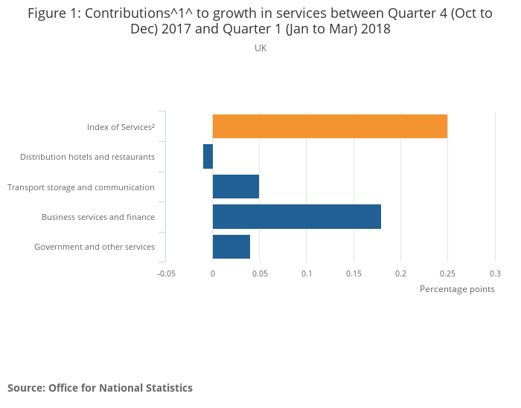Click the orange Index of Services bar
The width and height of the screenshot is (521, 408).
[330, 126]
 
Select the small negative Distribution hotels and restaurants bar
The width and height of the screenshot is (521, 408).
[208, 157]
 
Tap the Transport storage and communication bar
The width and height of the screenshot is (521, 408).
[236, 187]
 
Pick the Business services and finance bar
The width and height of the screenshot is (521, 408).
[297, 216]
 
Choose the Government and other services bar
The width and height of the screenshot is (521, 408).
[231, 246]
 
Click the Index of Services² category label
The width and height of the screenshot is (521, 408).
[121, 127]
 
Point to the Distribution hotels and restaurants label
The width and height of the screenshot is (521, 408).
[87, 157]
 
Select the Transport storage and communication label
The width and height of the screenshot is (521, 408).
[81, 187]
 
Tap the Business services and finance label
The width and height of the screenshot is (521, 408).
[98, 217]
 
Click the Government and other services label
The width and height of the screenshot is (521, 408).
[95, 247]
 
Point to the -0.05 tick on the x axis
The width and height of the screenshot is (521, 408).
[166, 273]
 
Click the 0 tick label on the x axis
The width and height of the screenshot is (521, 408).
[213, 273]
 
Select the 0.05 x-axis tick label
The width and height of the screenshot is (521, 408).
[260, 273]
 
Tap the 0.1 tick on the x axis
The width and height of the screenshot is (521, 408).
[307, 273]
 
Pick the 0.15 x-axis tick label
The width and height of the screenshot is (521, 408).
[354, 273]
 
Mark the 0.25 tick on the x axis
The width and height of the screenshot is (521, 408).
[448, 273]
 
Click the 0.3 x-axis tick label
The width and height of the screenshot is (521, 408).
[495, 273]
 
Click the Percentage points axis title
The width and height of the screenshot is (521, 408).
[457, 289]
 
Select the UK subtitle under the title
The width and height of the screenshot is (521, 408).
[260, 48]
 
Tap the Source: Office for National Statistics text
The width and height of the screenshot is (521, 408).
[100, 388]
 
